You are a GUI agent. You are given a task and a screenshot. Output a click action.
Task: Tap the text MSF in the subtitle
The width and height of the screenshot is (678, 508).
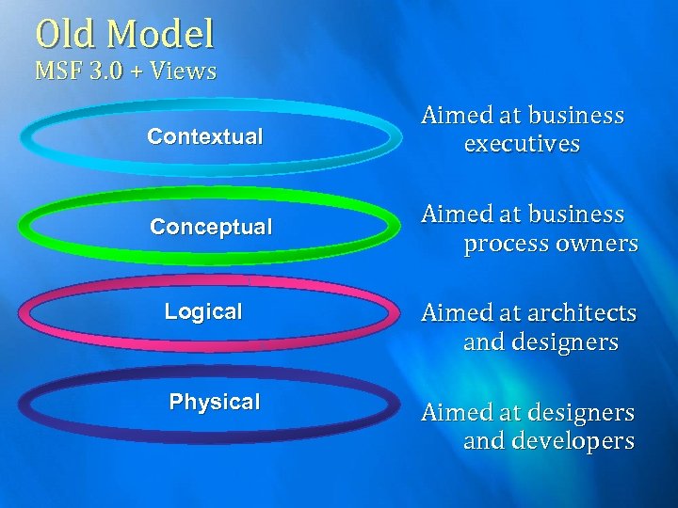pyautogui.click(x=58, y=71)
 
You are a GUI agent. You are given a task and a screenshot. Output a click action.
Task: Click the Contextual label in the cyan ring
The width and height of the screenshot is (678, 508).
pyautogui.click(x=205, y=136)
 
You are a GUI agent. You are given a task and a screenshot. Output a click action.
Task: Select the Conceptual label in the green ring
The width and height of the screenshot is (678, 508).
pyautogui.click(x=211, y=227)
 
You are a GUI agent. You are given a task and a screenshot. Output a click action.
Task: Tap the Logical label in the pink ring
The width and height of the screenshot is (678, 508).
pyautogui.click(x=203, y=311)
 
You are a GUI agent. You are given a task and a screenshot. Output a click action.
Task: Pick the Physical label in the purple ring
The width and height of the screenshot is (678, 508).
pyautogui.click(x=215, y=402)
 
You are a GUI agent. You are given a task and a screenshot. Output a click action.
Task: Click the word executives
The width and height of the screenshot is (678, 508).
pyautogui.click(x=522, y=145)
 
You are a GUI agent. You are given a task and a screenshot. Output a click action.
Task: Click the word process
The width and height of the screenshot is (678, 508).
pyautogui.click(x=503, y=244)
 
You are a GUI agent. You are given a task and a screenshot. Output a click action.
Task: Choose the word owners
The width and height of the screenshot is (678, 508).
pyautogui.click(x=592, y=244)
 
